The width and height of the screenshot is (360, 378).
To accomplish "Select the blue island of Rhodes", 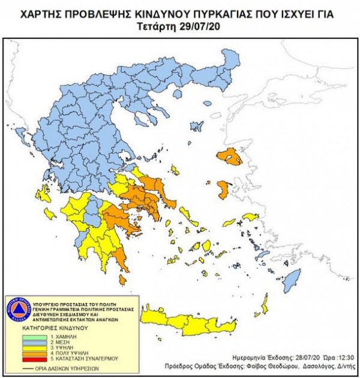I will click(291, 279).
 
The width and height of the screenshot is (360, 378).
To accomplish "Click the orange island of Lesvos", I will click(232, 157).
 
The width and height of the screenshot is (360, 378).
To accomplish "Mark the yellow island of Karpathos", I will click(263, 305).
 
